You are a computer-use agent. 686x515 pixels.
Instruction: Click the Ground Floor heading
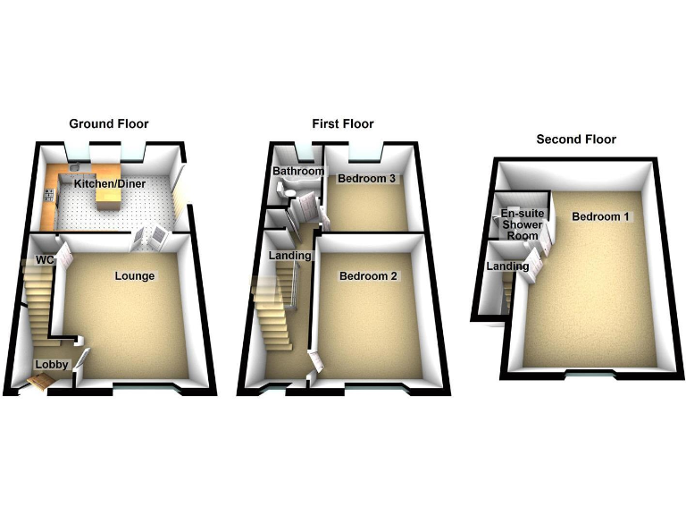109,123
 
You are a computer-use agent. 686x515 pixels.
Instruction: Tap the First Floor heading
343,123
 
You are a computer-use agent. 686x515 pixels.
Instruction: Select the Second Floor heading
576,139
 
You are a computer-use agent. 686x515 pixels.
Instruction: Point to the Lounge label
135,276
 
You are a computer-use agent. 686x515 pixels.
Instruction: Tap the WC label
45,260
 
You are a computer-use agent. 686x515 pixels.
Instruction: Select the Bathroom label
298,171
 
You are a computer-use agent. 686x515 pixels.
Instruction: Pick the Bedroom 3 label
366,179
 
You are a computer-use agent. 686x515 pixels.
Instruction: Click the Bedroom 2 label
368,276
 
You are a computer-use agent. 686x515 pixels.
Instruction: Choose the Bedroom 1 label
601,217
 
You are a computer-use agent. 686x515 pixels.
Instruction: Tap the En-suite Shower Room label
523,224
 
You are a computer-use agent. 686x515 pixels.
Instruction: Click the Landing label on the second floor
507,266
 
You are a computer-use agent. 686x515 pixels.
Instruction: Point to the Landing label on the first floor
290,257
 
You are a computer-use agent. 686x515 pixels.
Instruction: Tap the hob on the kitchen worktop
51,189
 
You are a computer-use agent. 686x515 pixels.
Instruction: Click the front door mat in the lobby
41,384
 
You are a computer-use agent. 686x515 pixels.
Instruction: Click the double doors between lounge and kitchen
149,238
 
